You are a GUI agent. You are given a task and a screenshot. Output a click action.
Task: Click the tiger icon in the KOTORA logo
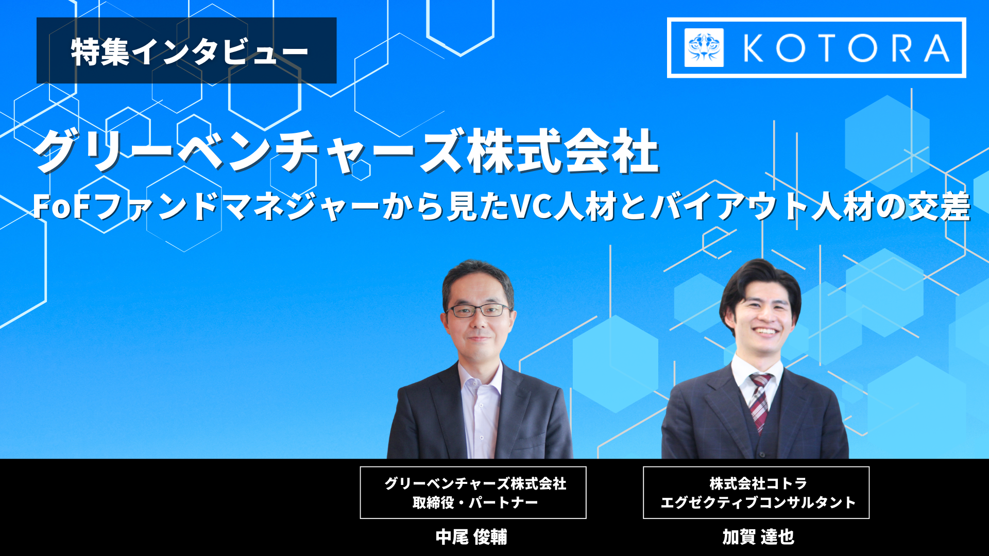[704, 48]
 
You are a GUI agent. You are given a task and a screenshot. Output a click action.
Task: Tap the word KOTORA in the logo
[846, 48]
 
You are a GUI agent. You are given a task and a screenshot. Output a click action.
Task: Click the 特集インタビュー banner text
[189, 51]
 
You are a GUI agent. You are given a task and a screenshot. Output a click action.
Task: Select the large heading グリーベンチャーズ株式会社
[347, 151]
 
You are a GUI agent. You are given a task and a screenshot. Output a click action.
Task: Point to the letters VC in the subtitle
[531, 206]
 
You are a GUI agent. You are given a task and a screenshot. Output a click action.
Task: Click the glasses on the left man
[479, 310]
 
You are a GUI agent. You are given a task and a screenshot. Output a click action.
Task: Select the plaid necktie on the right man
[760, 402]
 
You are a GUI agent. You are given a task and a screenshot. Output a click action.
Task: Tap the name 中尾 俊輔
[471, 537]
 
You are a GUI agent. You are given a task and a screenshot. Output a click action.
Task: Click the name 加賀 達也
[758, 537]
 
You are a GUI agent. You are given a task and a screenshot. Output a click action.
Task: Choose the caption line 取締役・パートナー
[475, 502]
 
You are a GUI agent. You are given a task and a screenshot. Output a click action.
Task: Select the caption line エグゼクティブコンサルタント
[758, 502]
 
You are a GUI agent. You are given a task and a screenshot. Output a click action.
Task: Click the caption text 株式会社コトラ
[758, 483]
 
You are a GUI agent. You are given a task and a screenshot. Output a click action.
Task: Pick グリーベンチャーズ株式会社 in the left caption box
[475, 483]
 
